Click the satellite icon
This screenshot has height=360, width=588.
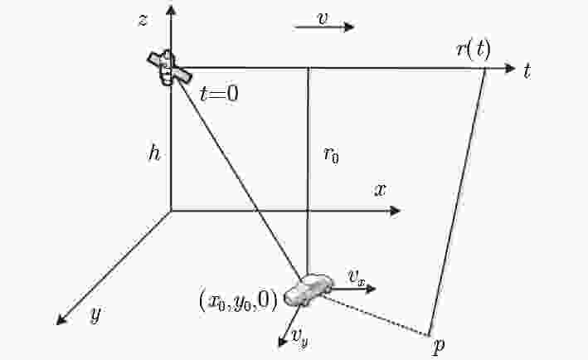169,68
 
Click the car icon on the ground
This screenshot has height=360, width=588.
309,289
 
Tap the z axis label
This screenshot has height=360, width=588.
143,20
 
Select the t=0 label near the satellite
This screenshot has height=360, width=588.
219,94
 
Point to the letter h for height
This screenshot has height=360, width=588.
154,153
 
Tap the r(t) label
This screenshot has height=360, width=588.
474,50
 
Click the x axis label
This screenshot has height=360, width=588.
380,190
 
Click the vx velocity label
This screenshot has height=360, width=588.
357,277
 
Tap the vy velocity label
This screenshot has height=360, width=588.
301,338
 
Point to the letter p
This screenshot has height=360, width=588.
439,345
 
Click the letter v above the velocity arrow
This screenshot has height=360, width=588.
322,18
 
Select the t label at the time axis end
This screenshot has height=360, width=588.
527,71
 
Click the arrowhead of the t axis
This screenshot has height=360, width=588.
510,68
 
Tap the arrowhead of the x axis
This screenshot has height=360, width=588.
396,212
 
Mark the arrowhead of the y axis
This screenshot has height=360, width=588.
61,319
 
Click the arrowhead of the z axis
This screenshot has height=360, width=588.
172,10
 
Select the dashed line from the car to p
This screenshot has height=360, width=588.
376,316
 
